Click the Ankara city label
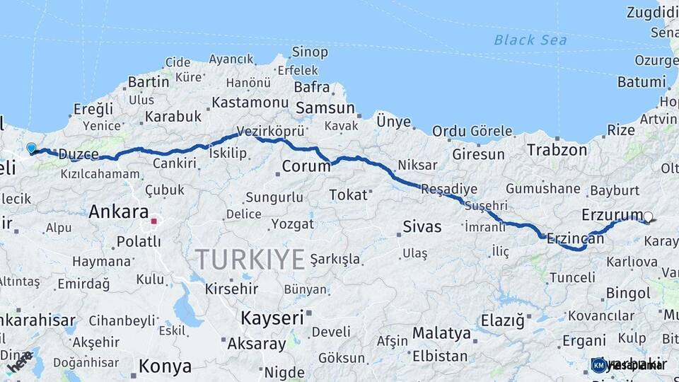[119, 212]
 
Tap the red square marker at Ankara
[153, 221]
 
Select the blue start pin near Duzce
[31, 149]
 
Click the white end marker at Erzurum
[648, 218]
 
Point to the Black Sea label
[530, 40]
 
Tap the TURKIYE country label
[250, 259]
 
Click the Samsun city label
[325, 108]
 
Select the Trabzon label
[557, 150]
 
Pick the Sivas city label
[422, 227]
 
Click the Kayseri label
[272, 318]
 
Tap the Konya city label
[165, 366]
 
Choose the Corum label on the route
[306, 167]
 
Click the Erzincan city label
[575, 239]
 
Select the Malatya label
[441, 332]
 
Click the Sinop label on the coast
[310, 52]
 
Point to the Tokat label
[349, 195]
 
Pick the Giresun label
[478, 154]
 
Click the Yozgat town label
[292, 224]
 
